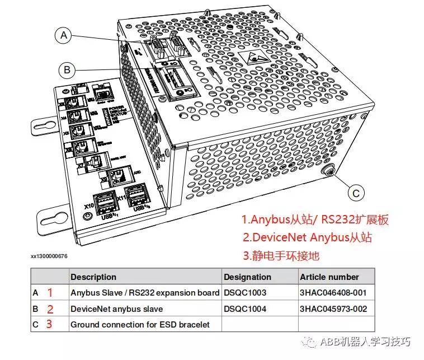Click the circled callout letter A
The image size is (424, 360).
click(64, 36)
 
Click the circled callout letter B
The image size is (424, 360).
click(67, 70)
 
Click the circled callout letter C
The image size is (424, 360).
click(356, 193)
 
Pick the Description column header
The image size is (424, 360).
click(93, 277)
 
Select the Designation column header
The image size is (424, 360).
click(247, 277)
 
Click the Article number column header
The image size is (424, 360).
click(329, 277)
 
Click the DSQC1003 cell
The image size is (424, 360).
click(245, 293)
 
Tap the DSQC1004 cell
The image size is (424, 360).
click(245, 308)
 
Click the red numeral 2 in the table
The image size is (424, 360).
click(49, 308)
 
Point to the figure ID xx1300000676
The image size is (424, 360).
click(49, 256)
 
